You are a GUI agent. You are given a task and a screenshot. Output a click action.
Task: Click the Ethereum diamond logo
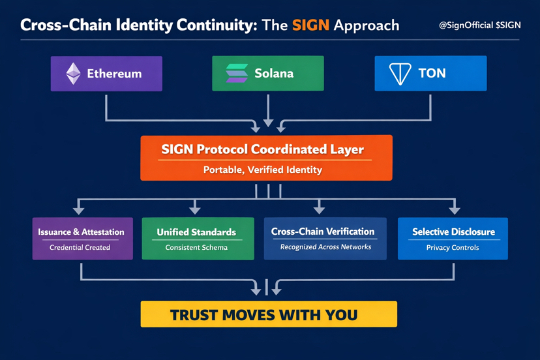pyautogui.click(x=73, y=74)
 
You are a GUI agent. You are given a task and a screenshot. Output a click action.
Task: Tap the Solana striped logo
pyautogui.click(x=237, y=73)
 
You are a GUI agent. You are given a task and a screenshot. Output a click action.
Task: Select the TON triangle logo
pyautogui.click(x=399, y=74)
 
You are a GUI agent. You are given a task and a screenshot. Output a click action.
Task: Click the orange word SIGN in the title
pyautogui.click(x=310, y=25)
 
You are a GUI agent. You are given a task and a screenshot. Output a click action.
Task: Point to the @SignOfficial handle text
pyautogui.click(x=466, y=25)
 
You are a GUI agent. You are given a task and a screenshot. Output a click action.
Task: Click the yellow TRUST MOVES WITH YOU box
pyautogui.click(x=269, y=314)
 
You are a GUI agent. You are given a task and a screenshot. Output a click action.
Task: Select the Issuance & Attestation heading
pyautogui.click(x=82, y=232)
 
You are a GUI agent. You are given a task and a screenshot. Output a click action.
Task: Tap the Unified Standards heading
pyautogui.click(x=196, y=232)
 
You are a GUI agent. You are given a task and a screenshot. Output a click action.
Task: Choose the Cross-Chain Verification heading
pyautogui.click(x=323, y=232)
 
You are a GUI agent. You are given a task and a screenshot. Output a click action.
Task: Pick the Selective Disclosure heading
pyautogui.click(x=453, y=232)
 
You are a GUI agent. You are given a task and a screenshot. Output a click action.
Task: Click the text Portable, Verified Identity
pyautogui.click(x=263, y=170)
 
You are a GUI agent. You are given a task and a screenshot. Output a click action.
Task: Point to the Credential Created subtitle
pyautogui.click(x=80, y=248)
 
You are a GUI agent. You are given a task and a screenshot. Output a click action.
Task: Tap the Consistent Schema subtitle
pyautogui.click(x=196, y=248)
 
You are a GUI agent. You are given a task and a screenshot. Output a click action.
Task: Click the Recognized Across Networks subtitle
pyautogui.click(x=325, y=247)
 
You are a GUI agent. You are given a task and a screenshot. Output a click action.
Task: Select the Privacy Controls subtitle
pyautogui.click(x=453, y=248)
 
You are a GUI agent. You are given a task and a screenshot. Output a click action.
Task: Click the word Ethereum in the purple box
pyautogui.click(x=114, y=74)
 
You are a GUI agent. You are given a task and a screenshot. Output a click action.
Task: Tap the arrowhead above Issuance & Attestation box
pyautogui.click(x=79, y=210)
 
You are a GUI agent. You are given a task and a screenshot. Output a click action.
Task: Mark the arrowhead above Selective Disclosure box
pyautogui.click(x=455, y=210)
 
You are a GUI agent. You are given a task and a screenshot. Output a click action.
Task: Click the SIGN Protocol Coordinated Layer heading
pyautogui.click(x=262, y=149)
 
